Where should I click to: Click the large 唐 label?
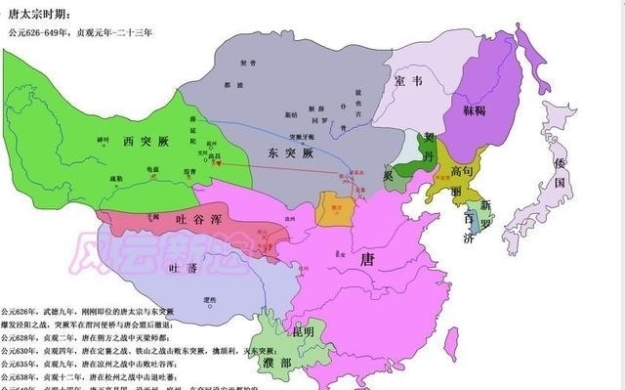pyautogui.click(x=368, y=259)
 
